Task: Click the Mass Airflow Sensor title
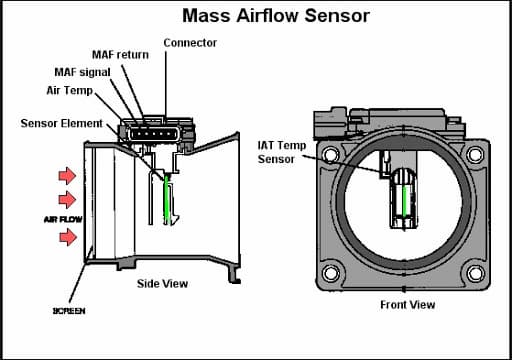click(x=276, y=16)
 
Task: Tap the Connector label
click(x=190, y=43)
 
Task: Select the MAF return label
click(x=120, y=55)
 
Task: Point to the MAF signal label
click(x=82, y=72)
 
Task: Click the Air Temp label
click(x=70, y=90)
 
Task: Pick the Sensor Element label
click(x=62, y=123)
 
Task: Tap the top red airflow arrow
click(x=67, y=175)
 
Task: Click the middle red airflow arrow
click(x=67, y=200)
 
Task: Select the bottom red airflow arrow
click(x=68, y=237)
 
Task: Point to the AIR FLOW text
click(x=63, y=219)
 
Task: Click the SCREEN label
click(x=69, y=311)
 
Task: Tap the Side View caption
click(x=162, y=284)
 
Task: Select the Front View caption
click(x=408, y=305)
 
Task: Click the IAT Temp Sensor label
click(x=282, y=152)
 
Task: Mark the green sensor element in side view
click(x=167, y=199)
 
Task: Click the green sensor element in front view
click(x=405, y=201)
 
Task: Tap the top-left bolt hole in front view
click(x=331, y=155)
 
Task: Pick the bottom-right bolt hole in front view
click(x=475, y=274)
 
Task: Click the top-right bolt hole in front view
click(x=475, y=154)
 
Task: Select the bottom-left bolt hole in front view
click(x=331, y=273)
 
